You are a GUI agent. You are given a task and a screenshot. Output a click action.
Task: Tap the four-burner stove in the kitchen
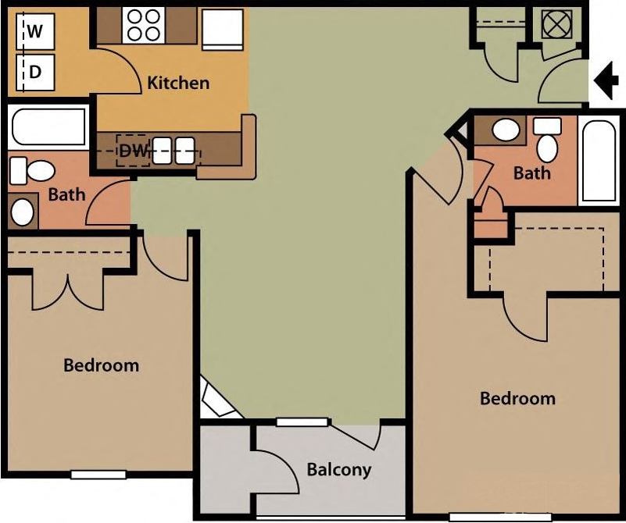click(x=143, y=24)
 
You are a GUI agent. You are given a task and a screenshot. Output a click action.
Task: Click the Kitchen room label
click(x=178, y=82)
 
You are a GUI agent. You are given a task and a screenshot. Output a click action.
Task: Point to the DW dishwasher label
click(x=134, y=151)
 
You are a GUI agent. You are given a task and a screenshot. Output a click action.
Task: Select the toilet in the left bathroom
click(x=32, y=169)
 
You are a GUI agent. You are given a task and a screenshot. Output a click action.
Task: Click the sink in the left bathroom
click(x=23, y=210)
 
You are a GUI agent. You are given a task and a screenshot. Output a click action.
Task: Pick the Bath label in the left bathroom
click(x=66, y=194)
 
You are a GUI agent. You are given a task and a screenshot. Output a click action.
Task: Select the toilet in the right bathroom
click(x=548, y=140)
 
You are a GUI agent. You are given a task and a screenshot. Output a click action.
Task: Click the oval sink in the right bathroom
click(x=507, y=129)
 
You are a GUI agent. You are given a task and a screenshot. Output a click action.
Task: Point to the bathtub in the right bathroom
click(x=599, y=162)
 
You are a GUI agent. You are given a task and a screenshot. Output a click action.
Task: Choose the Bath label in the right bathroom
click(x=531, y=173)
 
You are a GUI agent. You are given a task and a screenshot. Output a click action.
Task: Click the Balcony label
click(x=338, y=470)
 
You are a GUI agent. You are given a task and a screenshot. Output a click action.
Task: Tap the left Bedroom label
click(x=101, y=365)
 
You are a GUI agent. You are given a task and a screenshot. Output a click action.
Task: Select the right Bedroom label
click(x=517, y=398)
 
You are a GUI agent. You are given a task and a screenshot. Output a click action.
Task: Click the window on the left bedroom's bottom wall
click(x=98, y=474)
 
